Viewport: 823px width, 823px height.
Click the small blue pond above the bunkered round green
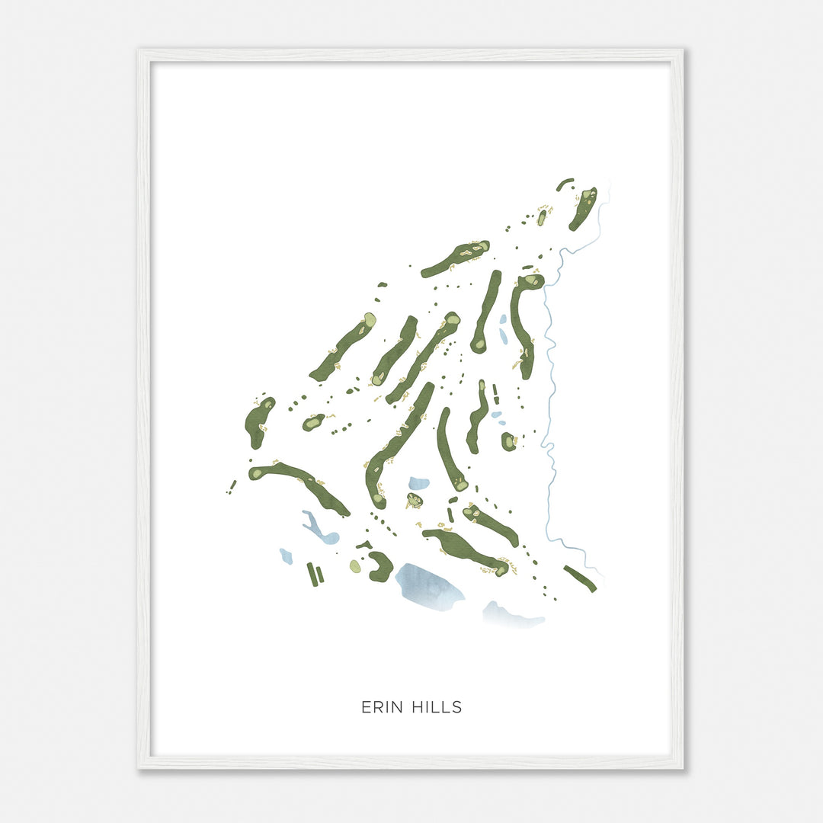pyautogui.click(x=418, y=483)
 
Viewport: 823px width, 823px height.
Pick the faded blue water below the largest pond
pyautogui.click(x=512, y=615)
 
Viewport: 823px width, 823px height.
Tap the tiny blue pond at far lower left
pyautogui.click(x=286, y=556)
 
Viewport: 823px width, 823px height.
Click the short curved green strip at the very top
pyautogui.click(x=565, y=184)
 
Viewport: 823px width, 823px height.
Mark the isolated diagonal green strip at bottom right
pyautogui.click(x=580, y=578)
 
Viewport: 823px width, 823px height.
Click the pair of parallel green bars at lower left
pyautogui.click(x=315, y=573)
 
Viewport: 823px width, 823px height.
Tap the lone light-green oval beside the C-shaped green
pyautogui.click(x=355, y=566)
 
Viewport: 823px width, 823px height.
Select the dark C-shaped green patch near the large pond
pyautogui.click(x=381, y=566)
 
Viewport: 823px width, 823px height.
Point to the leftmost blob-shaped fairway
pyautogui.click(x=258, y=421)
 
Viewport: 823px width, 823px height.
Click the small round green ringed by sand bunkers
pyautogui.click(x=414, y=500)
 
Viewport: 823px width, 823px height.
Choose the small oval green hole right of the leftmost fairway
pyautogui.click(x=312, y=421)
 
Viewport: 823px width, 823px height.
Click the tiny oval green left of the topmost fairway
pyautogui.click(x=542, y=217)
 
